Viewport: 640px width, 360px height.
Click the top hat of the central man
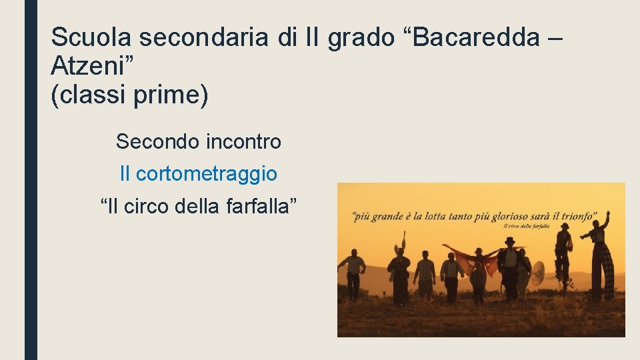510,241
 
